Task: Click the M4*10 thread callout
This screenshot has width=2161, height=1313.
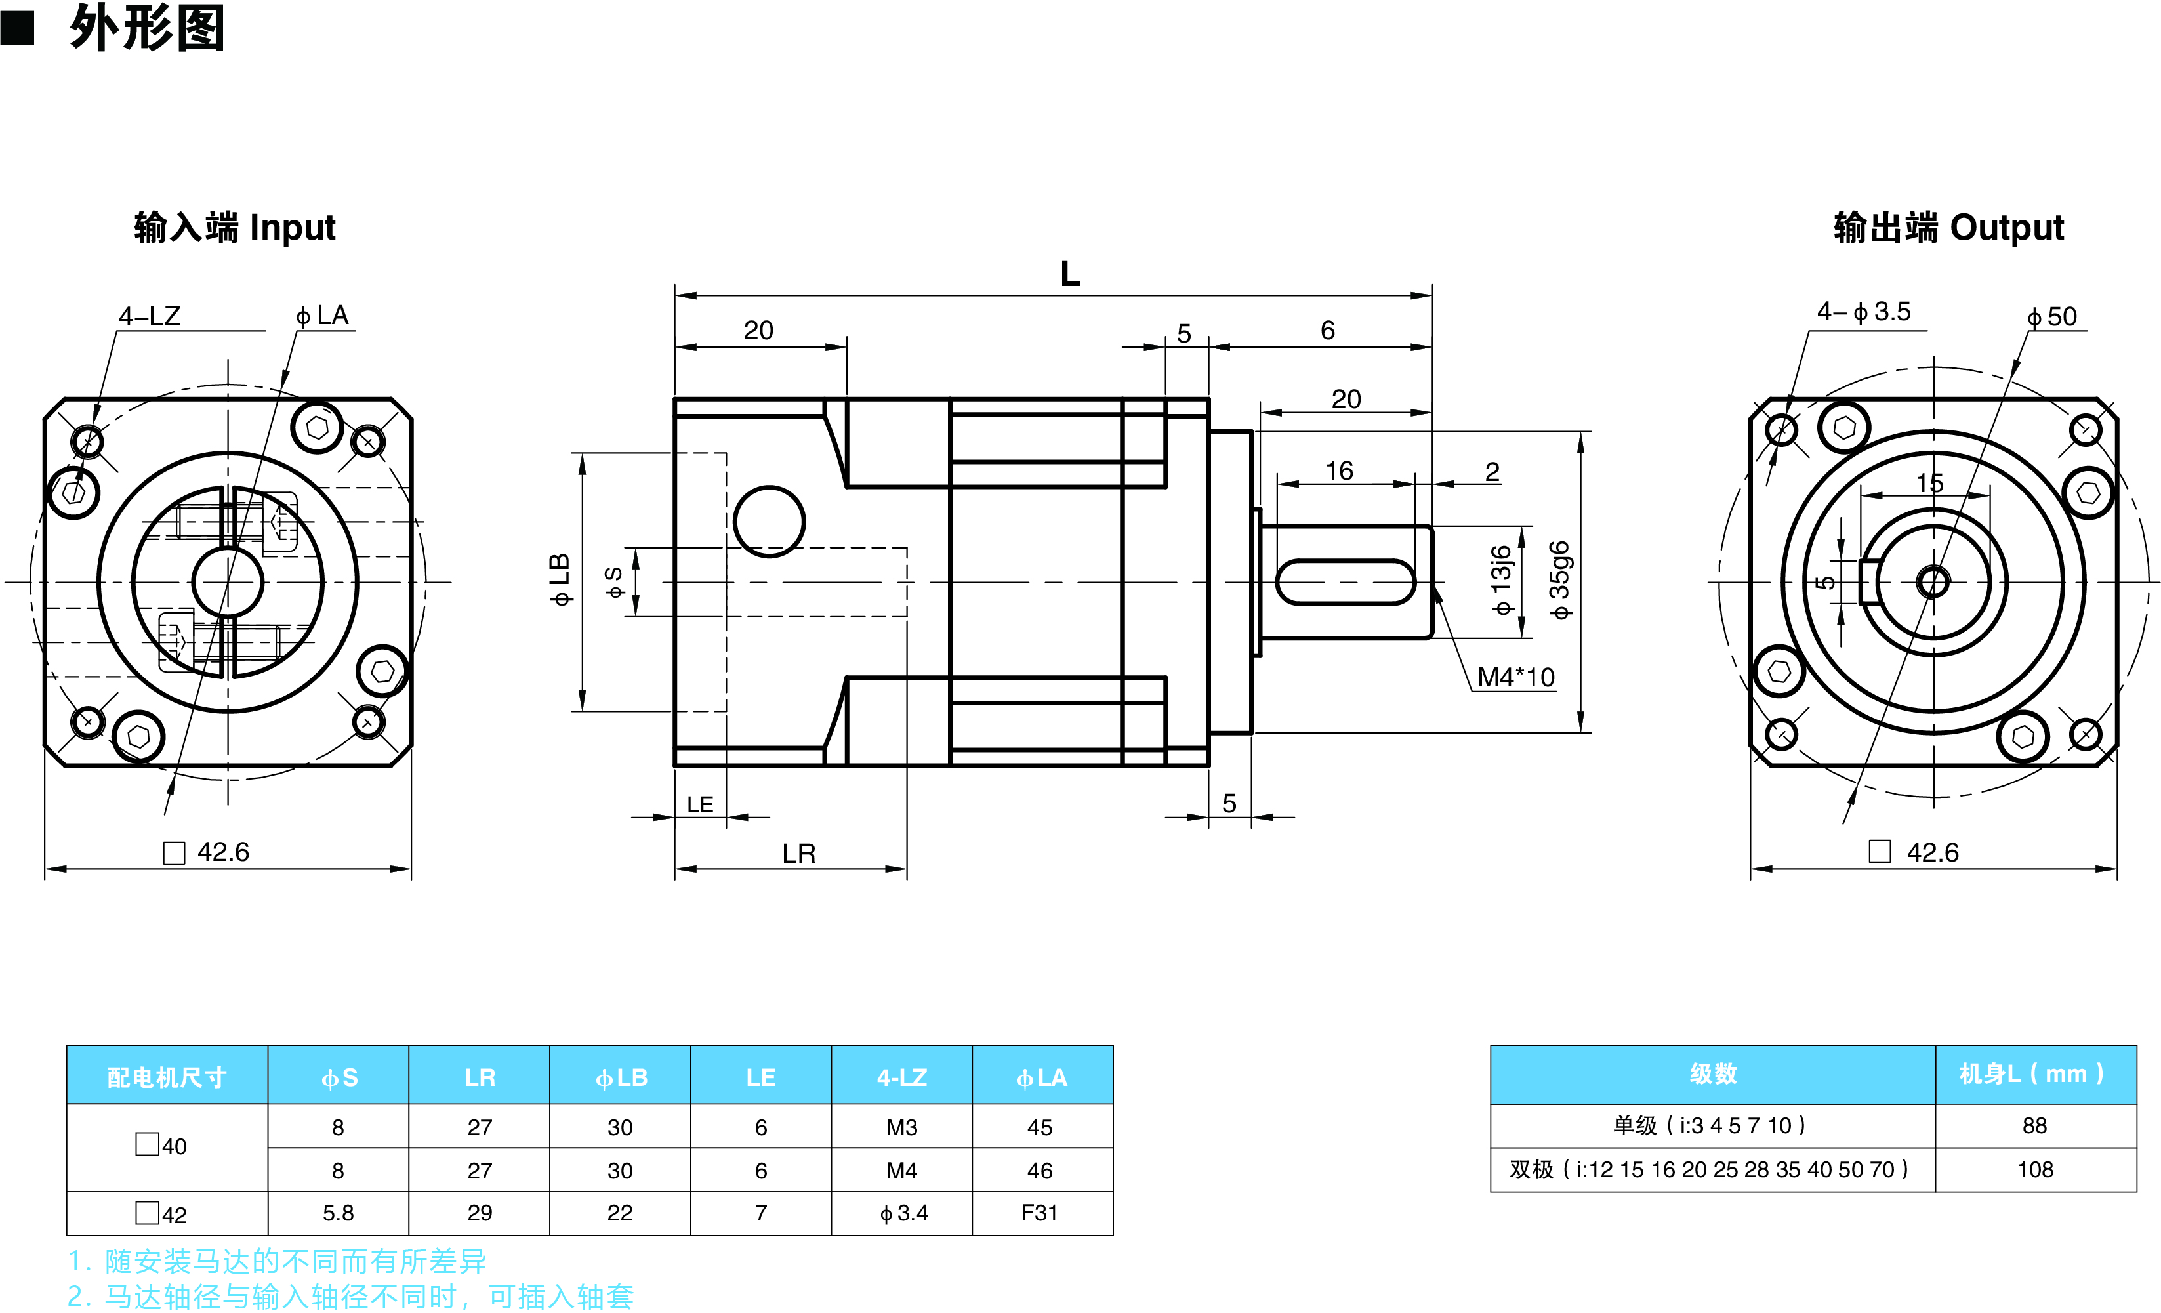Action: tap(1515, 677)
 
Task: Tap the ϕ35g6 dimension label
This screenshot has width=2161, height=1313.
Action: tap(1559, 581)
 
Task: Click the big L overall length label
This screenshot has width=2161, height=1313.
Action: tap(1069, 274)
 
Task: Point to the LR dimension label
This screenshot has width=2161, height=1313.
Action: tap(798, 854)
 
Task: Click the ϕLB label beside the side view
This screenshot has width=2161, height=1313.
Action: tap(560, 580)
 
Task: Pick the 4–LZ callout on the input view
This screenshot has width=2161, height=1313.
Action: tap(149, 316)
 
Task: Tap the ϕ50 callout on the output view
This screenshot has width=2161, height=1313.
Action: tap(2051, 317)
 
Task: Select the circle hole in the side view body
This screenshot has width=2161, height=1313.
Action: tap(769, 522)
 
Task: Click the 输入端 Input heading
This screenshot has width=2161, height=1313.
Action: tap(234, 227)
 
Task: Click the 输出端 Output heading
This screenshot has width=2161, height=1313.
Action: tap(1948, 227)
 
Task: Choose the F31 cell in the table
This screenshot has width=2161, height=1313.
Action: tap(1039, 1213)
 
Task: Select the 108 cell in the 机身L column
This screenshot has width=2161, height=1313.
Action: tap(2034, 1169)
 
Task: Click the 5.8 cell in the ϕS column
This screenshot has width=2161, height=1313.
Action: tap(338, 1213)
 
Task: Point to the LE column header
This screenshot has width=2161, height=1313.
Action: tap(760, 1077)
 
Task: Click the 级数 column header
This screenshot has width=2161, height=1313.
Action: tap(1712, 1073)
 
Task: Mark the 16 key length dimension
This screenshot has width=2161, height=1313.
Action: tap(1338, 471)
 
